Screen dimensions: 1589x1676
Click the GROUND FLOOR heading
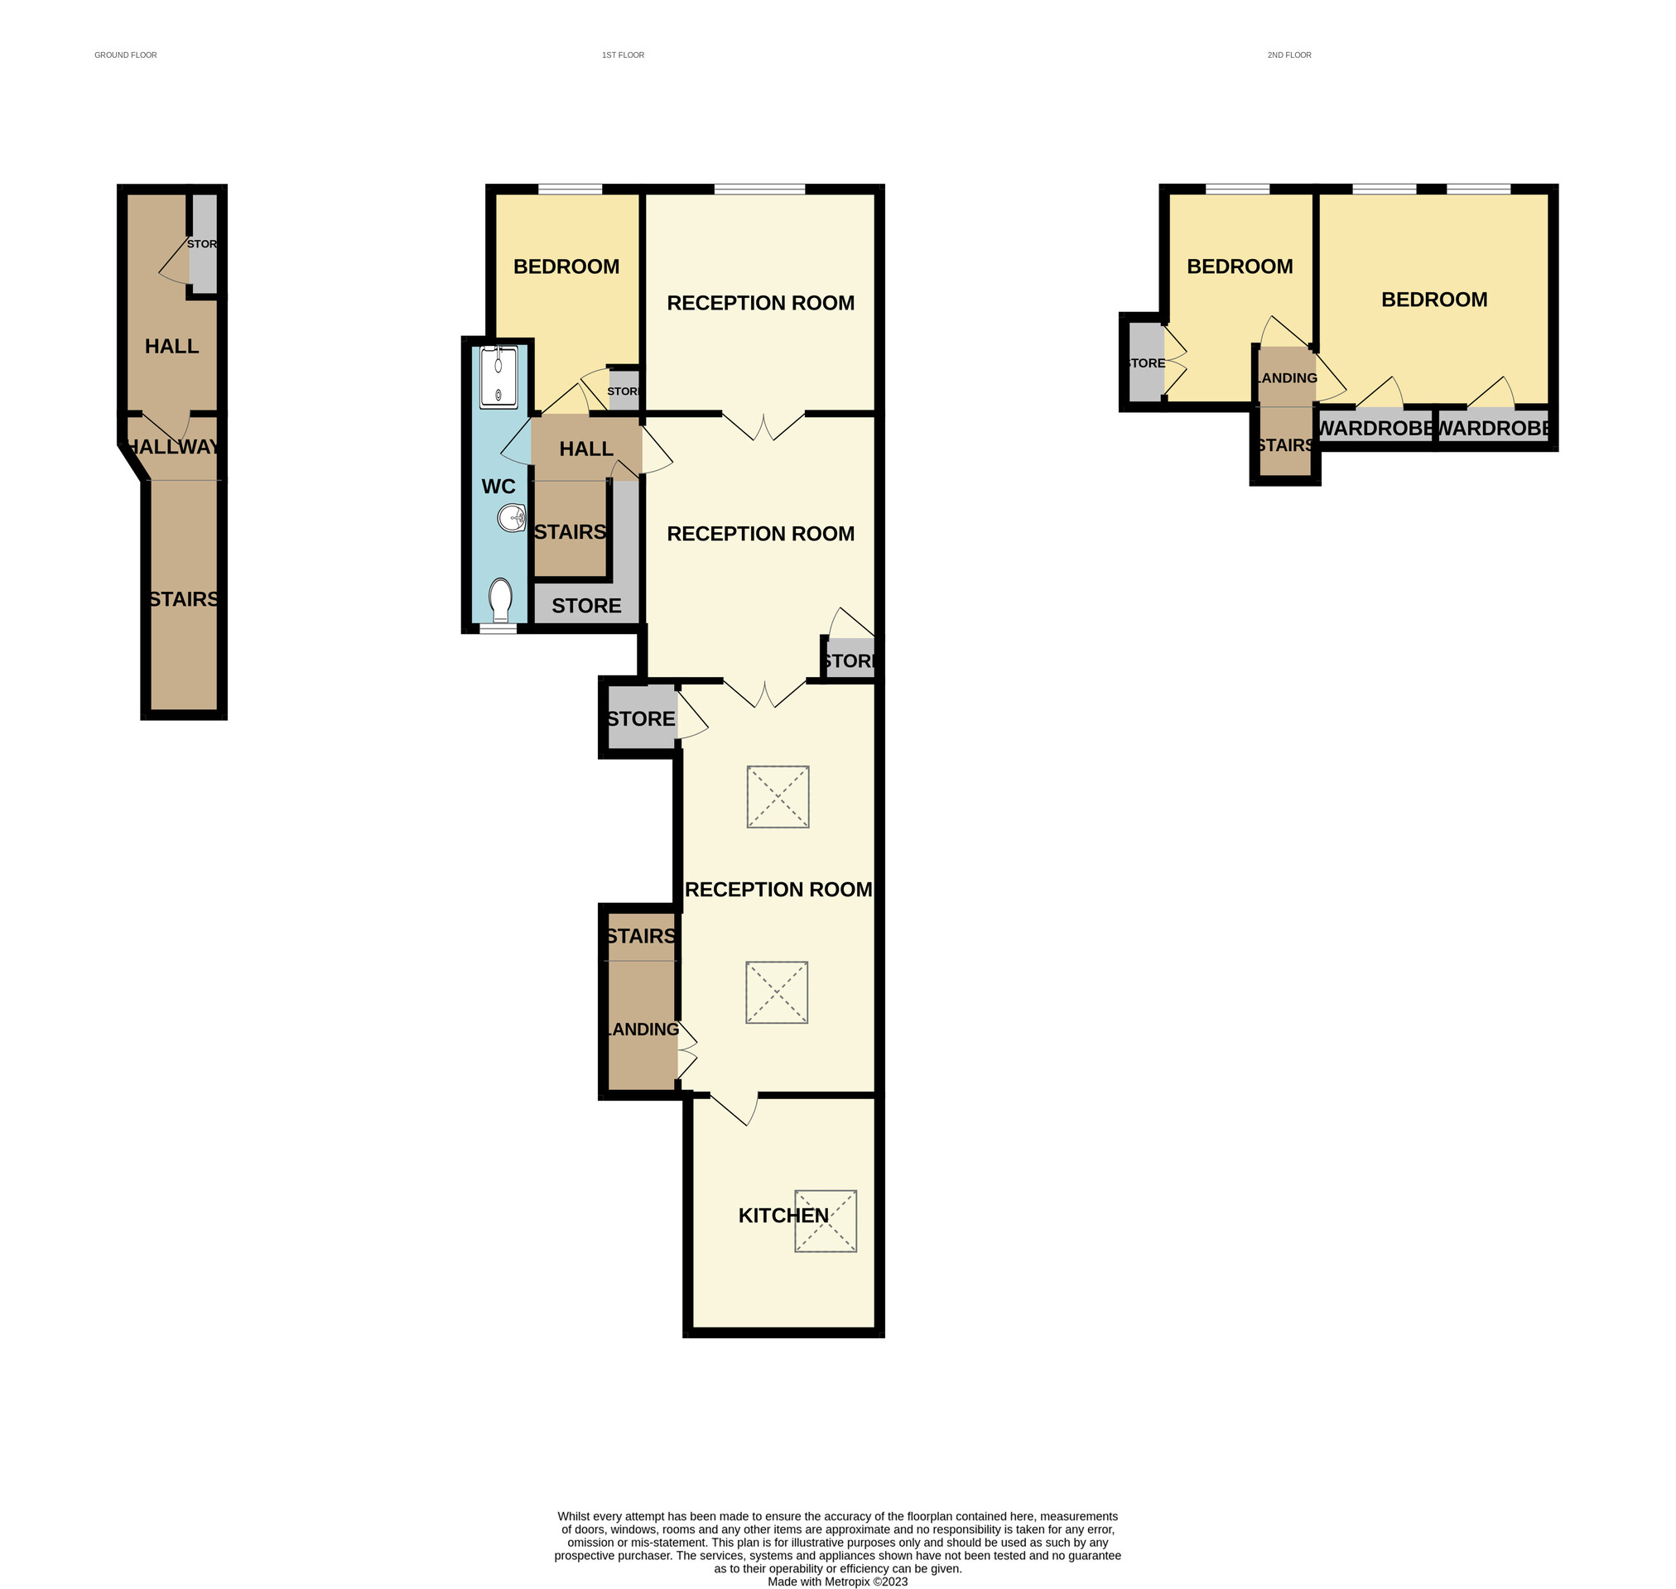[125, 55]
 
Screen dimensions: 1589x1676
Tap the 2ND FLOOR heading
[1288, 55]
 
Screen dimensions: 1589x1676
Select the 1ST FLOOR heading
[623, 55]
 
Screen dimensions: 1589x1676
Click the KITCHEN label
[783, 1217]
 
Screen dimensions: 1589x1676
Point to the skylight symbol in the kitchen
[826, 1222]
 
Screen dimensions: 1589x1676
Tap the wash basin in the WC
[512, 517]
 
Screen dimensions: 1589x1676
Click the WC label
[498, 487]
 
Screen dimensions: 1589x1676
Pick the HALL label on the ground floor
[172, 347]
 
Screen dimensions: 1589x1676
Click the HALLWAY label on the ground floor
[174, 447]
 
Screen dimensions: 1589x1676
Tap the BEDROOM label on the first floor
[566, 266]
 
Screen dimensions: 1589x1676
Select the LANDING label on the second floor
[1286, 378]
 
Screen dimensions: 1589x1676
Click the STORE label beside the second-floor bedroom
[1145, 363]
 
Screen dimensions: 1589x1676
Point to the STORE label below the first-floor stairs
[586, 607]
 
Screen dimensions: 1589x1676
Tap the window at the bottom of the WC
[498, 629]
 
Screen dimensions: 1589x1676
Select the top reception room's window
[759, 190]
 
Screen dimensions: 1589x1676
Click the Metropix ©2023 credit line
[837, 1582]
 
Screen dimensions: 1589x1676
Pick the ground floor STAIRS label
[184, 600]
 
